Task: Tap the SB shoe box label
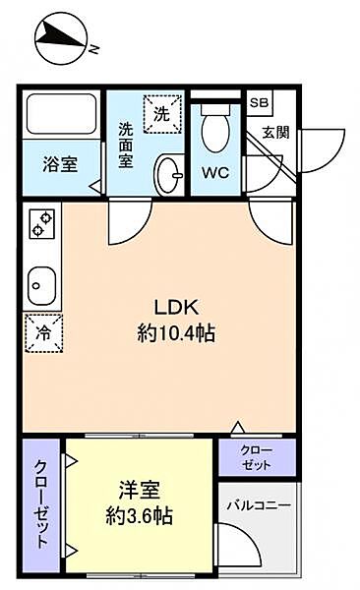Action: (259, 102)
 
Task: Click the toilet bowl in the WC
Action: (215, 128)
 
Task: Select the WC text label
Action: (215, 173)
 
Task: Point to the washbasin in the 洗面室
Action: (169, 175)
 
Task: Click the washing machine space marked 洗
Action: (162, 114)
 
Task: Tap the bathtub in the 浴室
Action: (61, 114)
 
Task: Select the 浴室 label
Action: (60, 164)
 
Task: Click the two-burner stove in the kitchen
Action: (42, 223)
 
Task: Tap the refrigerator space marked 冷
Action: (43, 332)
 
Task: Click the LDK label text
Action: (176, 308)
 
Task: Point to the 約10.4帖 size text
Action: (176, 333)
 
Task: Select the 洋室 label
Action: (140, 490)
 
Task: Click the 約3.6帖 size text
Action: (140, 516)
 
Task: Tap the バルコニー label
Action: (259, 505)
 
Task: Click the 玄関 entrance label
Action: (276, 132)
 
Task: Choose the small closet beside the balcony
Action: (257, 457)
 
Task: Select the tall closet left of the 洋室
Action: (41, 505)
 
